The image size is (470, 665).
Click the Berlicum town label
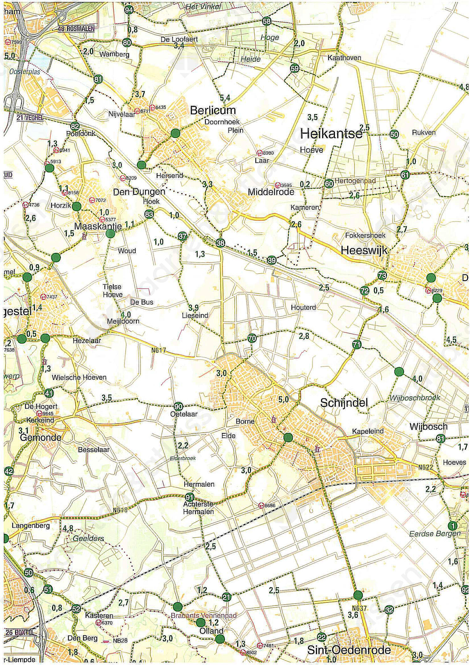[213, 110]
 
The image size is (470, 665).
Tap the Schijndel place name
[344, 403]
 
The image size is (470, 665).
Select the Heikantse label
[331, 134]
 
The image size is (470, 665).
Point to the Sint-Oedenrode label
[349, 650]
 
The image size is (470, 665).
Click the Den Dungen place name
[139, 192]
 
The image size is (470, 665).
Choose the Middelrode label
[271, 192]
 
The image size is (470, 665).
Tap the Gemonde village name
[40, 437]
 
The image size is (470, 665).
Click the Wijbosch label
[428, 427]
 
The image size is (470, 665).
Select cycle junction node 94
[128, 10]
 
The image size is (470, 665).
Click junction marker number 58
[266, 21]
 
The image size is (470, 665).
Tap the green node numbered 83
[149, 214]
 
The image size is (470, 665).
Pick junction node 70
[252, 338]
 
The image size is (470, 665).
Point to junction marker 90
[178, 407]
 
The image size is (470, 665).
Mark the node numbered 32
[389, 610]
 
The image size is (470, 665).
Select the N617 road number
[158, 350]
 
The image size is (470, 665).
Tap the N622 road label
[426, 467]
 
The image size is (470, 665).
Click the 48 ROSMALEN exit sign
[76, 29]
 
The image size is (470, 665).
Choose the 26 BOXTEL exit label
[19, 632]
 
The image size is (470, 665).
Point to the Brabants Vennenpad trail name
[203, 615]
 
